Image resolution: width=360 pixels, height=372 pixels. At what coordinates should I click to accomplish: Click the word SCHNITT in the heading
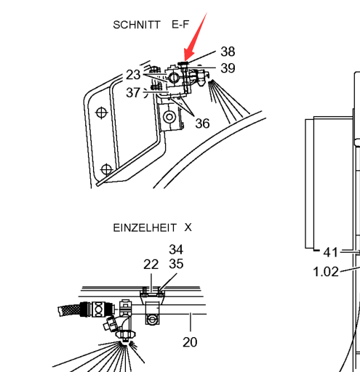[137, 25]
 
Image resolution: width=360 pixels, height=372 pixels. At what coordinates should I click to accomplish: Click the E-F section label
[180, 25]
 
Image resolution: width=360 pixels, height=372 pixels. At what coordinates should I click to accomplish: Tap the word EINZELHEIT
[145, 228]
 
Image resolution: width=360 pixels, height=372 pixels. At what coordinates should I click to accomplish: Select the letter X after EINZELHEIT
[188, 227]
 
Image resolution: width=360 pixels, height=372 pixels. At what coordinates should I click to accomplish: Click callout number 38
[228, 52]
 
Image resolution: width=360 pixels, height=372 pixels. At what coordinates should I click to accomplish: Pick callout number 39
[228, 68]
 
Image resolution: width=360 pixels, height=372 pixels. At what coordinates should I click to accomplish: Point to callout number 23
[133, 75]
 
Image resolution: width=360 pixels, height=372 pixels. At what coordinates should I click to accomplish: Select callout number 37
[133, 92]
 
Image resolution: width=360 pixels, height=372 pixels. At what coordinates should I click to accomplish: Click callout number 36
[202, 124]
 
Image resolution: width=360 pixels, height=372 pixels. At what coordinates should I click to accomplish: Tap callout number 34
[176, 249]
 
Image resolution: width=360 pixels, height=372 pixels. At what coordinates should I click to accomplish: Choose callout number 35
[176, 264]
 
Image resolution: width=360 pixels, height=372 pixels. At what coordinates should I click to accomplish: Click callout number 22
[151, 264]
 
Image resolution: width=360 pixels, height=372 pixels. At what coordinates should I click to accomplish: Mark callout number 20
[190, 342]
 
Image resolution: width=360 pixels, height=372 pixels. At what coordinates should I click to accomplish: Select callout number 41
[330, 252]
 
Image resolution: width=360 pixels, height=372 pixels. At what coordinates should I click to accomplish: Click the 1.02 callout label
[326, 272]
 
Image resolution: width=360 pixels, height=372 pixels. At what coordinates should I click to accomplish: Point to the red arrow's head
[185, 60]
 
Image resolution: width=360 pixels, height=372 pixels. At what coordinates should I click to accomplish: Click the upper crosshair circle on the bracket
[102, 113]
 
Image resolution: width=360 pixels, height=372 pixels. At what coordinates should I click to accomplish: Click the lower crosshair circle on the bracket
[106, 169]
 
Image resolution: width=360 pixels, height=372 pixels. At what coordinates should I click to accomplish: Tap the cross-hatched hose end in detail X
[69, 310]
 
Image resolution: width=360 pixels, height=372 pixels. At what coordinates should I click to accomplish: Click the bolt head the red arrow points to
[183, 64]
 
